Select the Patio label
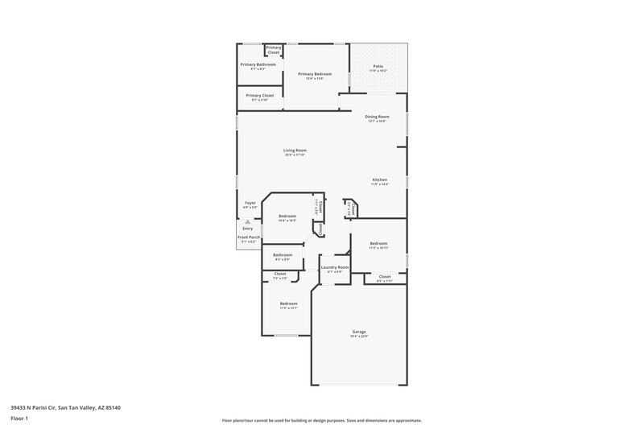(378, 67)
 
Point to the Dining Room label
(377, 117)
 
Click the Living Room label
(295, 150)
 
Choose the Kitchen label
(379, 179)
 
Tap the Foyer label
(250, 203)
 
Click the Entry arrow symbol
(248, 220)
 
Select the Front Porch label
(248, 237)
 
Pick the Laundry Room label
(334, 267)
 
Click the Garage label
(359, 332)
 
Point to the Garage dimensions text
(359, 336)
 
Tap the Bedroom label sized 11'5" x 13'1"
(288, 303)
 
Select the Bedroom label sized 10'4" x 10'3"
(287, 216)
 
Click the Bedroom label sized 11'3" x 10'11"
(379, 243)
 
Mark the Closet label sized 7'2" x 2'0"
(280, 274)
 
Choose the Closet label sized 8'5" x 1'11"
(383, 277)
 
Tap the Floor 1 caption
(20, 419)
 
